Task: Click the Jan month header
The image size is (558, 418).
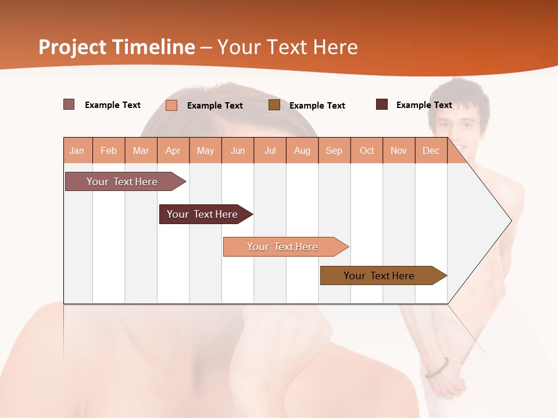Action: point(77,150)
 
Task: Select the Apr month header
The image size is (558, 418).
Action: point(173,150)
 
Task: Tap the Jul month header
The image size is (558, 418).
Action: point(270,150)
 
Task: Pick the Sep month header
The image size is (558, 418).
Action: point(334,150)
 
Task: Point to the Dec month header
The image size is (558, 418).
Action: point(431,150)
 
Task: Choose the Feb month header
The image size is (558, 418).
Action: point(109,150)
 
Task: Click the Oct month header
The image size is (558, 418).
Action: point(367,150)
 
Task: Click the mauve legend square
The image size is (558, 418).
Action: point(69,105)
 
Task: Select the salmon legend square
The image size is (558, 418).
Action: point(171,105)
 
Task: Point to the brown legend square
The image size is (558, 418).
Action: point(274,105)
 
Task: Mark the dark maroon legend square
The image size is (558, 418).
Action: point(382,105)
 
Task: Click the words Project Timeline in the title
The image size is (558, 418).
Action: point(117,47)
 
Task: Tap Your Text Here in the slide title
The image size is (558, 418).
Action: point(288,47)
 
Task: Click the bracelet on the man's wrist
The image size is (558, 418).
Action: point(437,367)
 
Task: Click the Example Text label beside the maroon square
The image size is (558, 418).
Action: point(424,105)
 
